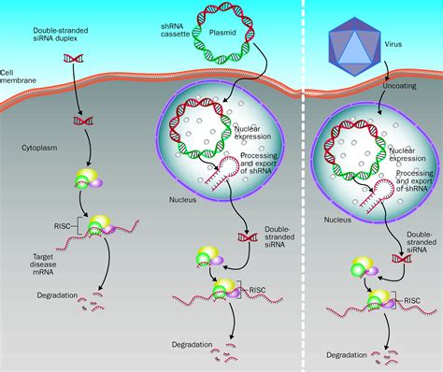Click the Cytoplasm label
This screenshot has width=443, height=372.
click(38, 148)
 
